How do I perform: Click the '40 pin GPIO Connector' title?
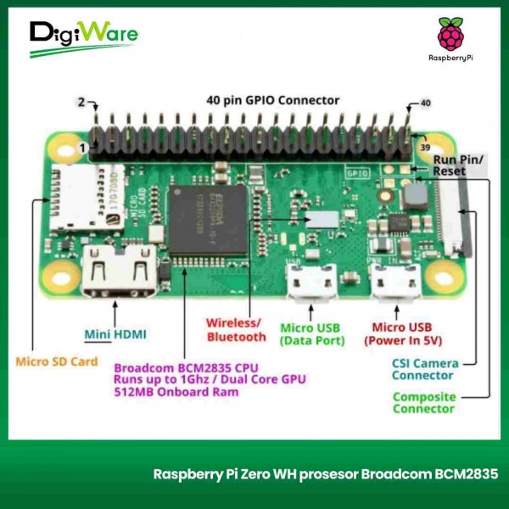272,100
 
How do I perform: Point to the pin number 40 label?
425,103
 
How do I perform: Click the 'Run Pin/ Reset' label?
458,165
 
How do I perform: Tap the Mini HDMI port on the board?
118,271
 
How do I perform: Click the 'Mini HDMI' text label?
115,334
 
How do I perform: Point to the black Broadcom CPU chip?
210,223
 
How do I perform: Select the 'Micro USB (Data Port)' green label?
312,334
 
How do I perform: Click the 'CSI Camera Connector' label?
424,370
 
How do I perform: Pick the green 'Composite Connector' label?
423,402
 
